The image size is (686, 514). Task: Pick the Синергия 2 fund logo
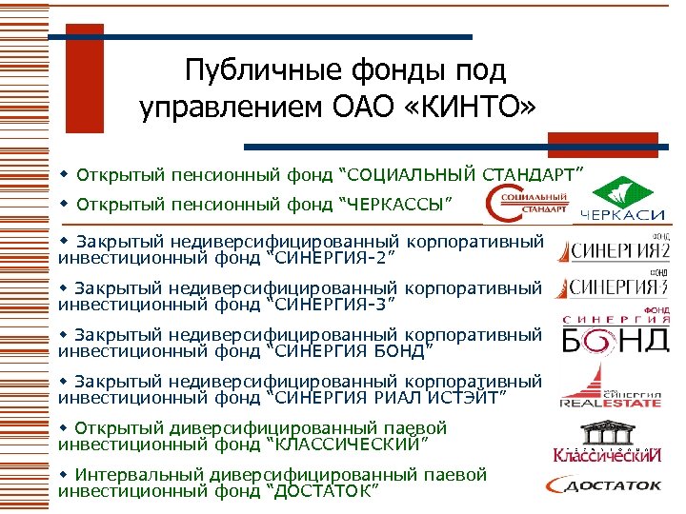(x=614, y=250)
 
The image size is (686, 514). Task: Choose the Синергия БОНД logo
(x=615, y=332)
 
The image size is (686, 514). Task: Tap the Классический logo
(x=606, y=453)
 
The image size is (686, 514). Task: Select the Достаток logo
(x=605, y=486)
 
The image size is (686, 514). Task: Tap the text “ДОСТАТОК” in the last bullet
(x=327, y=490)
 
